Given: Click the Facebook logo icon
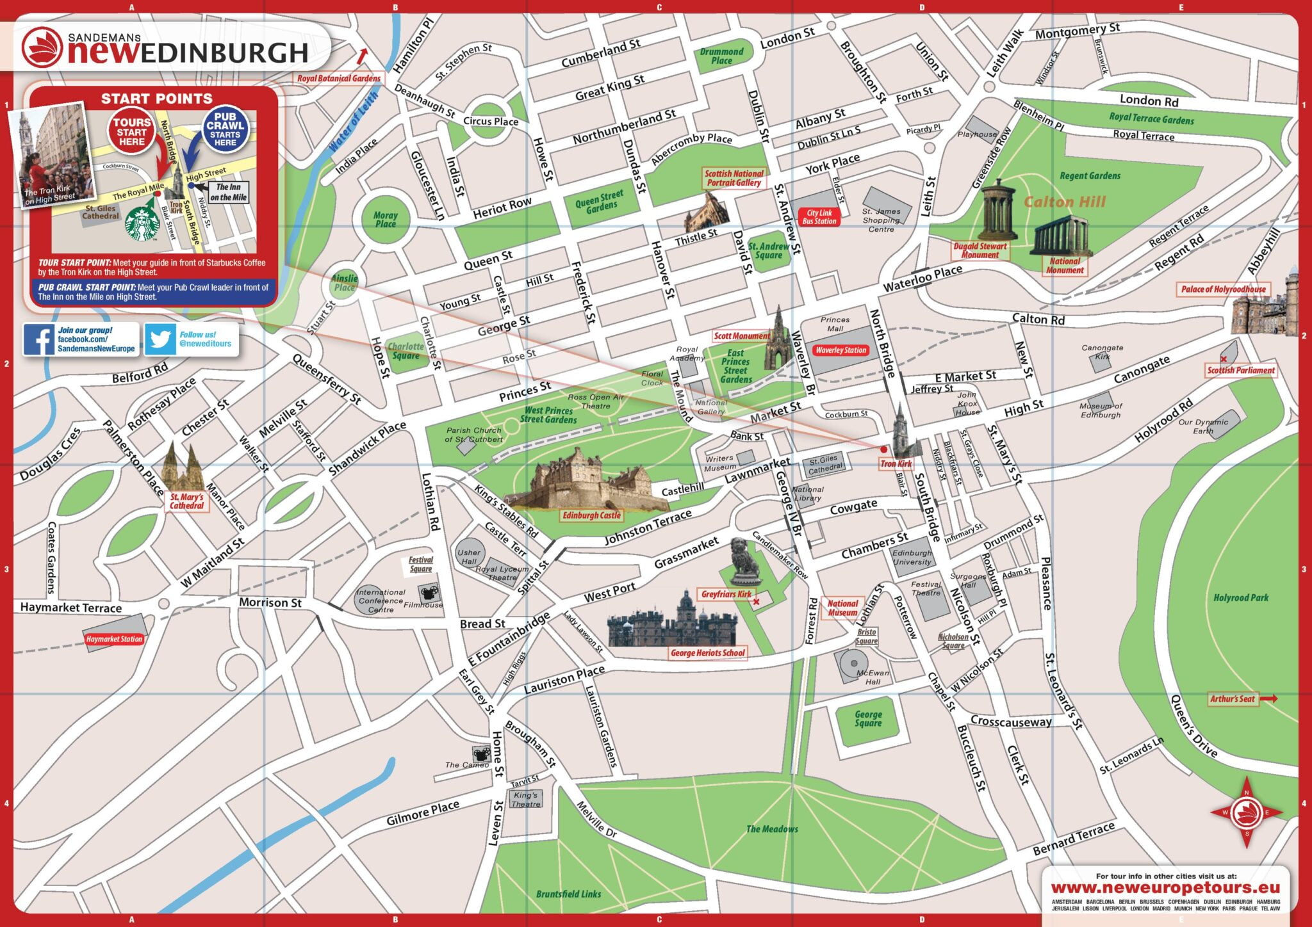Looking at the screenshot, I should tap(39, 339).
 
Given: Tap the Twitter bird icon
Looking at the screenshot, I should tap(160, 339).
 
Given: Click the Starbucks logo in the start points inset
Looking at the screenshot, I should tap(142, 223).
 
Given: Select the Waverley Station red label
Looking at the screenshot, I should tap(840, 350).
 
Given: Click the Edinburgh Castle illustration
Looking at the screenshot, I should tap(584, 481).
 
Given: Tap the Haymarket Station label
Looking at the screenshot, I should tap(114, 639).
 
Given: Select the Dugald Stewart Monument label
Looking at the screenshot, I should tap(980, 250).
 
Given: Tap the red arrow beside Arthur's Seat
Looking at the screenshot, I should tap(1268, 698).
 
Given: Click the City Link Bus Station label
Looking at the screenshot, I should tap(819, 217).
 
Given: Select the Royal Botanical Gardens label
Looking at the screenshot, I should tap(338, 78).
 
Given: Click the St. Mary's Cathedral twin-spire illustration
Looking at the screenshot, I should tap(182, 467).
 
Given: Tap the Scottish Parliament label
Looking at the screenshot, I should tap(1240, 370).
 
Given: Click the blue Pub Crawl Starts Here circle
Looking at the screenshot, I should tap(225, 129).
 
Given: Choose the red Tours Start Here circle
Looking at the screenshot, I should tap(132, 132).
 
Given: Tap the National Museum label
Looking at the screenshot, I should tap(842, 608).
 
